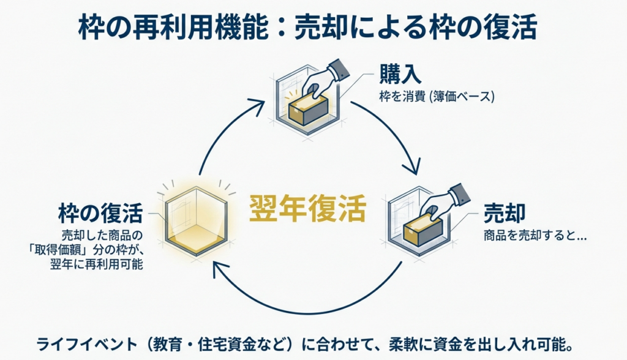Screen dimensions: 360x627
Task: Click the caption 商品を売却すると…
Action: coord(535,235)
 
